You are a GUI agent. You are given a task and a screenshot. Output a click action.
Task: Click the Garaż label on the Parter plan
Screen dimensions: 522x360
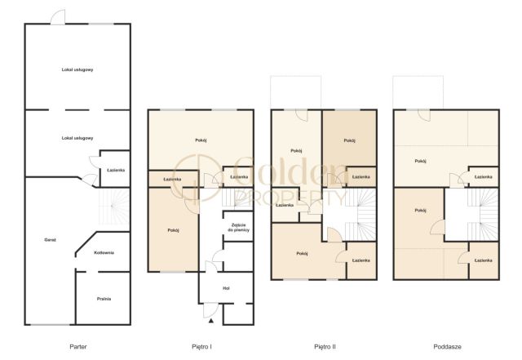click(50, 240)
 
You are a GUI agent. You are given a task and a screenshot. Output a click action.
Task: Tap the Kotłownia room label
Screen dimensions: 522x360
click(104, 253)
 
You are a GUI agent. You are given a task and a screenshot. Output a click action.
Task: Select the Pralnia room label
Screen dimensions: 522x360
click(104, 299)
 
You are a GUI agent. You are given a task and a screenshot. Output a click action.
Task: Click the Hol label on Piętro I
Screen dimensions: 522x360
click(226, 288)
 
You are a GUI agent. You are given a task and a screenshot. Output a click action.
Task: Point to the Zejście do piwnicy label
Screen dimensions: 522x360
click(238, 228)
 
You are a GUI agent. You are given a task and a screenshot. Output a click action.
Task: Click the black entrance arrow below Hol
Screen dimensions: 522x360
click(210, 321)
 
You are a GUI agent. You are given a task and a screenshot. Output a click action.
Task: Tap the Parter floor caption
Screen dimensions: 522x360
click(78, 347)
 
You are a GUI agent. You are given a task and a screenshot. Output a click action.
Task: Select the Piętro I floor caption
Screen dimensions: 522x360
click(201, 347)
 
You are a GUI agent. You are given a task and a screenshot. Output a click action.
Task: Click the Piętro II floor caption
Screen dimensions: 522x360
click(325, 347)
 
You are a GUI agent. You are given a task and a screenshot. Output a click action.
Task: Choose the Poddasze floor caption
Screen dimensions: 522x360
click(448, 347)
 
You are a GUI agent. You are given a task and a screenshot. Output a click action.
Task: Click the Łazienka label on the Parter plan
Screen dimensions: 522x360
click(116, 171)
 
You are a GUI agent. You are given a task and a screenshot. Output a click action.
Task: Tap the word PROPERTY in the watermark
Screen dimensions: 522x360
click(290, 198)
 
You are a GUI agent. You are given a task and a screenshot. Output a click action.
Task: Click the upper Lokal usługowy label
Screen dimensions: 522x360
click(77, 69)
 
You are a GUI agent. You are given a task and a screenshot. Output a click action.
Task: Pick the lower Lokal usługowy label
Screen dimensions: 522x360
click(77, 138)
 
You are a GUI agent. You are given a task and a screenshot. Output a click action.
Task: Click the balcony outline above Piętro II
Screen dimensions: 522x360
click(295, 77)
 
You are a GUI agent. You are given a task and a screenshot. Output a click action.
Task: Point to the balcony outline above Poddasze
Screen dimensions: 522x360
click(418, 77)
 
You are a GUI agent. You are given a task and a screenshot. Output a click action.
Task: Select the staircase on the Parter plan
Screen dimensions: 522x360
click(114, 207)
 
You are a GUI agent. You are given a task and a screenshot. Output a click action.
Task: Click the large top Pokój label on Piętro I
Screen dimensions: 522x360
click(201, 140)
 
